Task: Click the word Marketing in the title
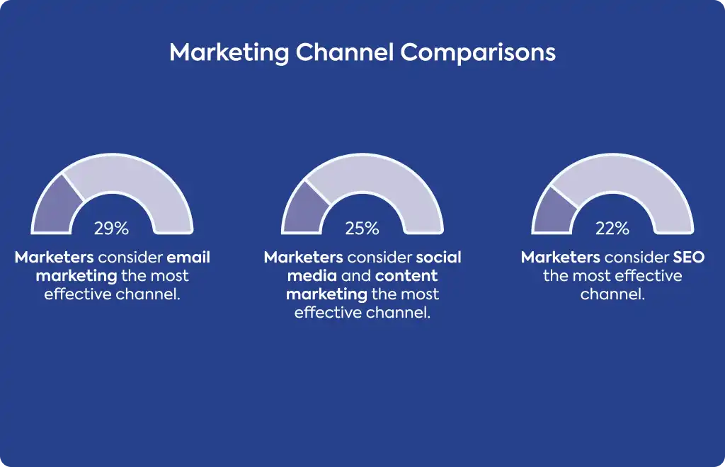(229, 53)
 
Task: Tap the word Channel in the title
(345, 52)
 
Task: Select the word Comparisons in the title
(478, 53)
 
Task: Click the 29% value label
(111, 228)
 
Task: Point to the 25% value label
(362, 228)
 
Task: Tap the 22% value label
(612, 228)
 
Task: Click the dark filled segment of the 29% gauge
(57, 207)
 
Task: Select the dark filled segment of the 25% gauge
(304, 209)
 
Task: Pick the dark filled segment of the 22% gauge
(553, 212)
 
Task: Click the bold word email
(188, 258)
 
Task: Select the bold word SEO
(688, 258)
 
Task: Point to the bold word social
(438, 258)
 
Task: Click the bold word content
(406, 276)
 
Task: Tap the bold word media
(312, 276)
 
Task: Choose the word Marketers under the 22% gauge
(561, 258)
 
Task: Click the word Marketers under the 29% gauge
(54, 258)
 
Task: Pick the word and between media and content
(356, 276)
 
